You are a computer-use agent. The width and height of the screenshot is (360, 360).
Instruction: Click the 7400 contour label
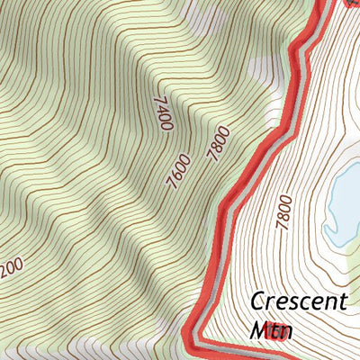[x=163, y=114]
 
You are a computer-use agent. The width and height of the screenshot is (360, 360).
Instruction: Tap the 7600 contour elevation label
[x=178, y=171]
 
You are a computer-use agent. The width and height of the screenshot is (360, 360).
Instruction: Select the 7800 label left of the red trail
[x=218, y=144]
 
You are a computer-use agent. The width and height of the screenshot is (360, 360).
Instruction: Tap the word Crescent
[x=298, y=301]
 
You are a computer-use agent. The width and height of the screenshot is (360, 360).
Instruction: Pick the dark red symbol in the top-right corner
[x=352, y=3]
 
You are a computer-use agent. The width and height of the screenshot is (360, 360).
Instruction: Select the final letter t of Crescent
[x=342, y=301]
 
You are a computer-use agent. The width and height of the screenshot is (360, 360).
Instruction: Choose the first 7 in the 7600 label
[x=171, y=185]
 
